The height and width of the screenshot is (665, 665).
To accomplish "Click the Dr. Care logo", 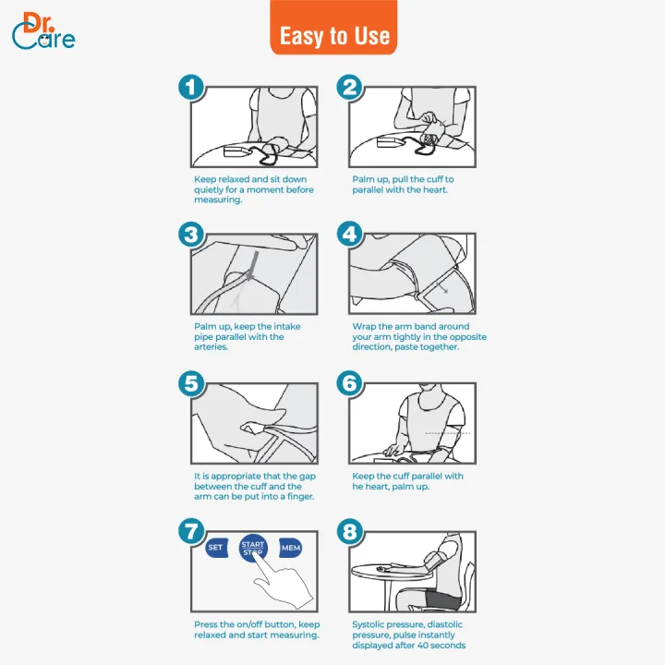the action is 43,30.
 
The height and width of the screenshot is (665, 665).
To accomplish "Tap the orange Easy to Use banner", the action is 333,28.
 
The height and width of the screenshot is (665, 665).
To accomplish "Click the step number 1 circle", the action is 191,88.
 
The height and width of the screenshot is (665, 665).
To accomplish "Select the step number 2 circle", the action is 349,88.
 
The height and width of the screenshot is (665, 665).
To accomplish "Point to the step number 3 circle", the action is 191,234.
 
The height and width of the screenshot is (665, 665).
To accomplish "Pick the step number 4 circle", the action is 349,234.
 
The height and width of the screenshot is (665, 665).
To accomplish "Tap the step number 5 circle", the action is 191,383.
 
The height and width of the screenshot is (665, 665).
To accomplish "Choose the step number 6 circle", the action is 349,383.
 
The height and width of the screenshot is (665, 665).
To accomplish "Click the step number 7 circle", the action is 191,531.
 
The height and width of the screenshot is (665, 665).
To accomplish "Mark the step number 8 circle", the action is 349,531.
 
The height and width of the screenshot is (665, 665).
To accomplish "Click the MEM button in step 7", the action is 291,548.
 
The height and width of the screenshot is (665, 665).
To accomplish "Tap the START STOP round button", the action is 253,548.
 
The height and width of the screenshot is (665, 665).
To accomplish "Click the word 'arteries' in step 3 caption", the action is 211,347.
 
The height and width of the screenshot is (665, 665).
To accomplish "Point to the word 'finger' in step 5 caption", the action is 299,497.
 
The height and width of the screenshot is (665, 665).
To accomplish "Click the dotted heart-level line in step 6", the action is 448,433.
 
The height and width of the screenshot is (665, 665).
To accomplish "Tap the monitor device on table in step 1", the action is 236,151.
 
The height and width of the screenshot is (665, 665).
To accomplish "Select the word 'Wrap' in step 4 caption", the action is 363,327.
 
